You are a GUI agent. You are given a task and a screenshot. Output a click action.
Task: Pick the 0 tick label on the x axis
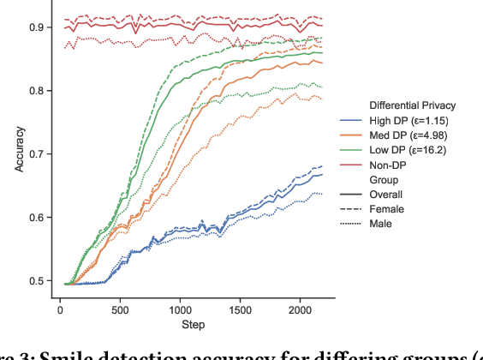pos(60,308)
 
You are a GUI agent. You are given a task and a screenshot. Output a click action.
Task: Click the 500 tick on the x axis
pos(120,308)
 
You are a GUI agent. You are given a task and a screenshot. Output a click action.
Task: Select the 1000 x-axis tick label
pos(181,308)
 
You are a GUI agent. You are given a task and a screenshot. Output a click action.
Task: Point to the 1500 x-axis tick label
pos(241,308)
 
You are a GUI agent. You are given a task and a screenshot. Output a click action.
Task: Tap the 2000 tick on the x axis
pos(301,308)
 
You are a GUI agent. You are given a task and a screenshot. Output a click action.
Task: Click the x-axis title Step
pos(193,324)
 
